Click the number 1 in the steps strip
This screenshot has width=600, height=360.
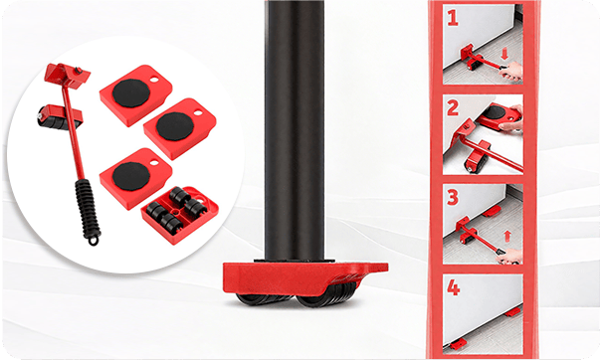pyautogui.click(x=453, y=18)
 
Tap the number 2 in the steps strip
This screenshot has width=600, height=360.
pyautogui.click(x=453, y=108)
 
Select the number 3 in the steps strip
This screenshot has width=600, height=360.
pyautogui.click(x=453, y=198)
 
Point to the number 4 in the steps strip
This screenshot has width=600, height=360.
pyautogui.click(x=454, y=287)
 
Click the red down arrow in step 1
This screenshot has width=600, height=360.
pyautogui.click(x=504, y=54)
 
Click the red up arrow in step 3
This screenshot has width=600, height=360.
pyautogui.click(x=507, y=236)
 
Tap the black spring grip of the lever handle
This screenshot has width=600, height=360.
pyautogui.click(x=88, y=209)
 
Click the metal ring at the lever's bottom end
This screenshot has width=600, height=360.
pyautogui.click(x=93, y=242)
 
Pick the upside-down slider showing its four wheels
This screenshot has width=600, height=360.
pyautogui.click(x=180, y=215)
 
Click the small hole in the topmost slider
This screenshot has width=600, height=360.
pyautogui.click(x=155, y=80)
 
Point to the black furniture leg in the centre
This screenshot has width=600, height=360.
pyautogui.click(x=295, y=130)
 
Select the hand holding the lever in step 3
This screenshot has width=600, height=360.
pyautogui.click(x=510, y=256)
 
